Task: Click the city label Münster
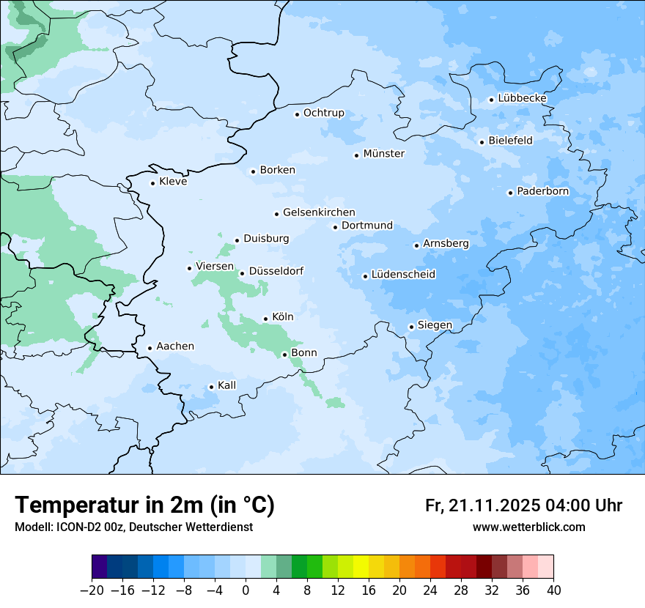point(383,154)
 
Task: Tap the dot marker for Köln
point(265,319)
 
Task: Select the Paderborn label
point(542,192)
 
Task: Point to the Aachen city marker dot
point(150,348)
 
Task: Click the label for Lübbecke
point(522,98)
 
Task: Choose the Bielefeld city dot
point(482,142)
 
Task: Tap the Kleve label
point(173,182)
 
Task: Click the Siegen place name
point(435,325)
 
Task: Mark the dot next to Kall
point(211,387)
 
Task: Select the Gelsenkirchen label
point(319,212)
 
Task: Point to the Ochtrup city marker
point(297,114)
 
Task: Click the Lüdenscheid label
point(403,275)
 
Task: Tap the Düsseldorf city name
point(276,271)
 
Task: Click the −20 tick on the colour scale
point(92,590)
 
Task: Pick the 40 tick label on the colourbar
point(553,590)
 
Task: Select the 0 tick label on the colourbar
point(246,590)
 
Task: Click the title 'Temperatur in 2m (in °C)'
point(144,505)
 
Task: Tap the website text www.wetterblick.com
point(528,527)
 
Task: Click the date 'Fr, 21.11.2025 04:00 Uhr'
point(523,506)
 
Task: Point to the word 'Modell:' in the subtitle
point(34,527)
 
